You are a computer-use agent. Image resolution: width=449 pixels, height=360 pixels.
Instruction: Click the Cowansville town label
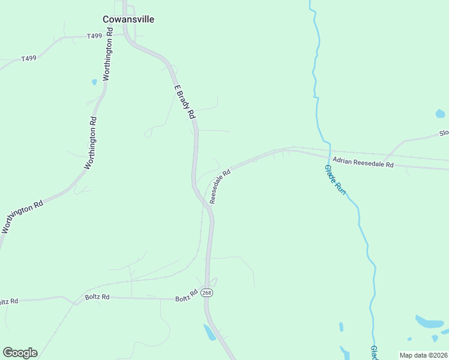tap(128, 19)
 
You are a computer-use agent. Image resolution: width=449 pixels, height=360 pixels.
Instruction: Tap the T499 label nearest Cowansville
tap(94, 37)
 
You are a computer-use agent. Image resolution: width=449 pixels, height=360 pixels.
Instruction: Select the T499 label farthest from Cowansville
tap(29, 58)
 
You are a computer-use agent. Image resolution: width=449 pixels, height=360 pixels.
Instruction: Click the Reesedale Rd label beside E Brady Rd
tap(220, 187)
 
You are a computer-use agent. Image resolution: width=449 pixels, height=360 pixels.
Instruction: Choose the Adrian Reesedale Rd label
tap(363, 163)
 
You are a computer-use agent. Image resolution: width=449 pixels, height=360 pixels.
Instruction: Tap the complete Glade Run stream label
tap(336, 179)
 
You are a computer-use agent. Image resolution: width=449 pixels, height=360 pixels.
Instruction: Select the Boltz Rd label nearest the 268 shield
tap(187, 296)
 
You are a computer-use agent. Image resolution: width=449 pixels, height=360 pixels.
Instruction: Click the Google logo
tap(20, 353)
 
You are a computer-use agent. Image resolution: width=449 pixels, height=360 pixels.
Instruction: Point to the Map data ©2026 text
tap(423, 355)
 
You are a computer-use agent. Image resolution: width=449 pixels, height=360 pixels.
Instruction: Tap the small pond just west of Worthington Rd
tap(94, 82)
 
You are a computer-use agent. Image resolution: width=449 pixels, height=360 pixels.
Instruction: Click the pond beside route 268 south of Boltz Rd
tap(209, 332)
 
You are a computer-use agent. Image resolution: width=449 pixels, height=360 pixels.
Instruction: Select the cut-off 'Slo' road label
tap(444, 133)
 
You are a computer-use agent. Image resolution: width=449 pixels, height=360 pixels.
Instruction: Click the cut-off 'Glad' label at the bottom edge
tap(373, 353)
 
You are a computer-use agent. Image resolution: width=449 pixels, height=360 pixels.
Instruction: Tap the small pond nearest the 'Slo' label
tap(440, 113)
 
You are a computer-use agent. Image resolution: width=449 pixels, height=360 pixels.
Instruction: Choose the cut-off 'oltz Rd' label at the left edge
tap(9, 301)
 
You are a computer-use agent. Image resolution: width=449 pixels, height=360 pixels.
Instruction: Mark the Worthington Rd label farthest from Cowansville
tap(22, 217)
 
